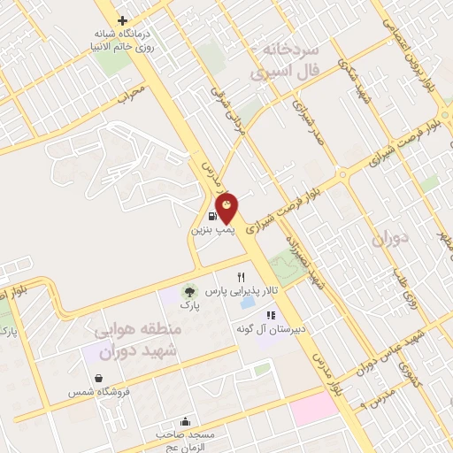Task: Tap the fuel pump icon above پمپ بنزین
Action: click(x=212, y=216)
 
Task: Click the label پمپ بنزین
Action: click(x=209, y=228)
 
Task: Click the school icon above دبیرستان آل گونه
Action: click(x=271, y=314)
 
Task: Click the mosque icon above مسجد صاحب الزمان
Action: click(x=184, y=421)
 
